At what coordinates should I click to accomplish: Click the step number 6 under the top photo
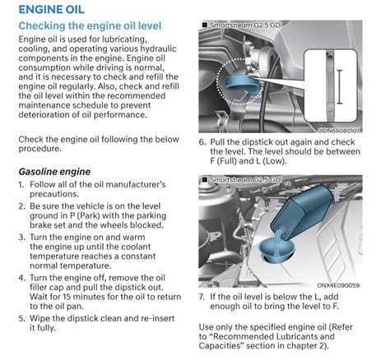point(202,141)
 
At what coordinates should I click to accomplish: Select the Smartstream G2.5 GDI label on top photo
point(246,27)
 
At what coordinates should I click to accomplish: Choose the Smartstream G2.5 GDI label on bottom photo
point(246,178)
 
